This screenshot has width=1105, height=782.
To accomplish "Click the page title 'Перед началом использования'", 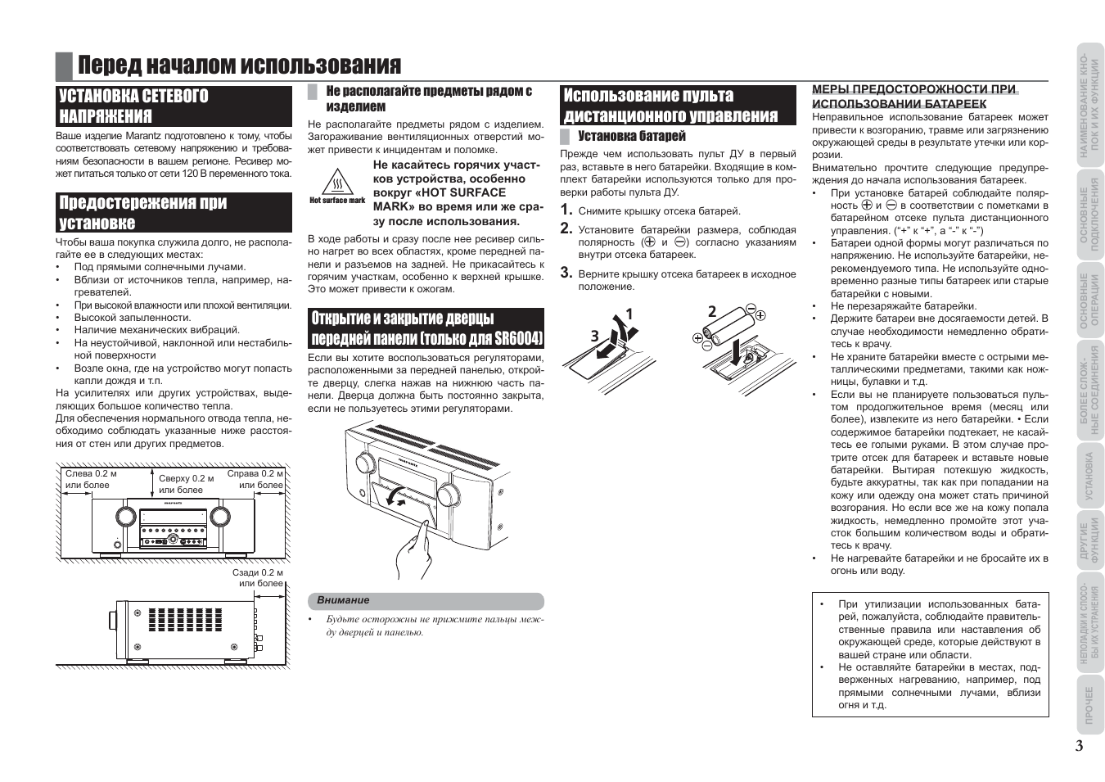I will pyautogui.click(x=239, y=66).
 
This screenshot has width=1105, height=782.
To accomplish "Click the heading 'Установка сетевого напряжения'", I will pyautogui.click(x=133, y=106).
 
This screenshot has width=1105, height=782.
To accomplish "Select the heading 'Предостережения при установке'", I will pyautogui.click(x=142, y=213).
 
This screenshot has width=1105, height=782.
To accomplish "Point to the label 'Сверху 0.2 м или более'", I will pyautogui.click(x=186, y=484).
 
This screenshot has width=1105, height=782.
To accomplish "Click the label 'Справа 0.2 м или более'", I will pyautogui.click(x=256, y=479).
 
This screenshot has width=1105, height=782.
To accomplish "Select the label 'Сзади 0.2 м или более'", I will pyautogui.click(x=259, y=578).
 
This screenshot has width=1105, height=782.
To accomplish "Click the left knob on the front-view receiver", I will pyautogui.click(x=125, y=515).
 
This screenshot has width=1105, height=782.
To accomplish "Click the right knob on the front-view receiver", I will pyautogui.click(x=220, y=515).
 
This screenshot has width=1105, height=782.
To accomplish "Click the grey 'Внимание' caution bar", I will pyautogui.click(x=426, y=601).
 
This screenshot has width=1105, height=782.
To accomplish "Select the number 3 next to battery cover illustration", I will pyautogui.click(x=594, y=337).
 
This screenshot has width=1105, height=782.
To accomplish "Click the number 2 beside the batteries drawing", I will pyautogui.click(x=712, y=311).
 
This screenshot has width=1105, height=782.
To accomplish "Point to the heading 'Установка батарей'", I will pyautogui.click(x=631, y=136).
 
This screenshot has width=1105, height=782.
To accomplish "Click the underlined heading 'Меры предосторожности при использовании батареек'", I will pyautogui.click(x=914, y=97).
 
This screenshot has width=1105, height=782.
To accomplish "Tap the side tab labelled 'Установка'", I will pyautogui.click(x=1089, y=476).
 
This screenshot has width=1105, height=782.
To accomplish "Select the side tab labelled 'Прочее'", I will pyautogui.click(x=1089, y=704).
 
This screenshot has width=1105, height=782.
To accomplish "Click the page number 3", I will pyautogui.click(x=1080, y=746).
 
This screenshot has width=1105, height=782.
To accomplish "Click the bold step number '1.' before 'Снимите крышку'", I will pyautogui.click(x=566, y=210).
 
